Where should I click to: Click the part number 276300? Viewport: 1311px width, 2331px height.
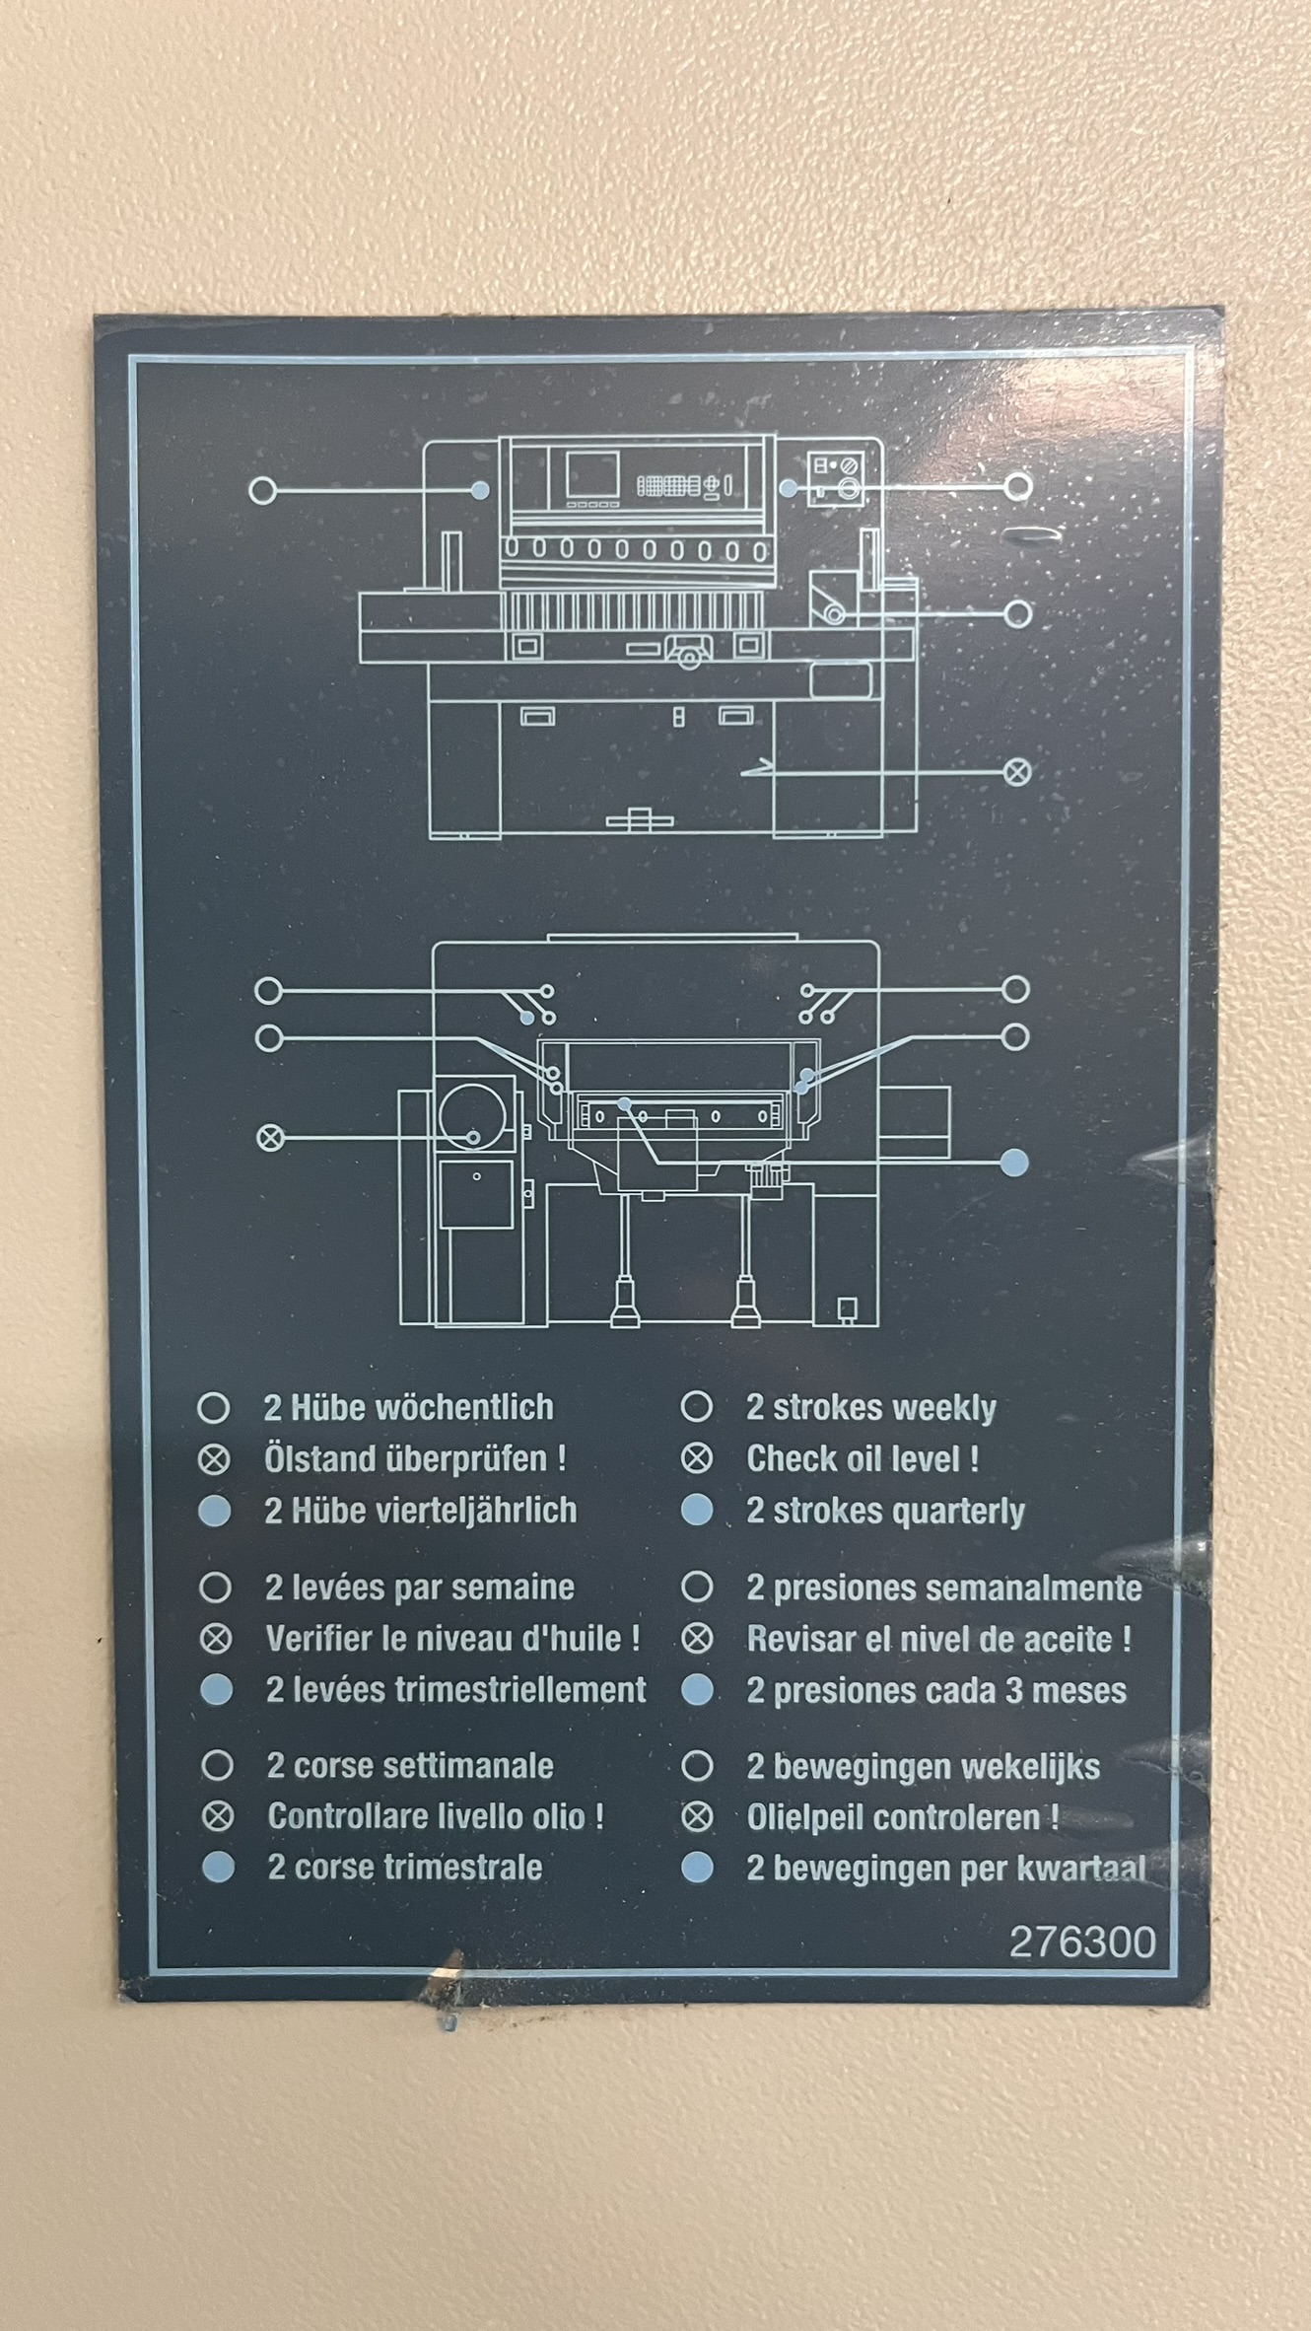pyautogui.click(x=1082, y=1942)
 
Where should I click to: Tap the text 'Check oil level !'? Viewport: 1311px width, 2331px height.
pyautogui.click(x=862, y=1458)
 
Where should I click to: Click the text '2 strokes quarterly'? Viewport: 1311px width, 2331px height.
pyautogui.click(x=885, y=1511)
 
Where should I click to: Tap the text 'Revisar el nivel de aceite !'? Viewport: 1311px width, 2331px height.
pyautogui.click(x=938, y=1639)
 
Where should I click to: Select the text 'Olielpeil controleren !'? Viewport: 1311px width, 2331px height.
pyautogui.click(x=903, y=1817)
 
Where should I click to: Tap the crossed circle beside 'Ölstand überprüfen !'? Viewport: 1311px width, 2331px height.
pyautogui.click(x=214, y=1459)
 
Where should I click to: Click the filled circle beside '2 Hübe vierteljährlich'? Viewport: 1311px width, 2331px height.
pyautogui.click(x=214, y=1511)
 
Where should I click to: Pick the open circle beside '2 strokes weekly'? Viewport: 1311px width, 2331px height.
pyautogui.click(x=697, y=1407)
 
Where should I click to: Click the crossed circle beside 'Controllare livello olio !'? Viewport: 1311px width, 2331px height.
pyautogui.click(x=218, y=1816)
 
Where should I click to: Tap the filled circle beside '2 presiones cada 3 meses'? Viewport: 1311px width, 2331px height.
pyautogui.click(x=697, y=1690)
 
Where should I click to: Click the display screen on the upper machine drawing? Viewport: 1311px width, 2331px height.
pyautogui.click(x=592, y=475)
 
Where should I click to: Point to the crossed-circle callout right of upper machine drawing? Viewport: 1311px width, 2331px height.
pyautogui.click(x=1017, y=771)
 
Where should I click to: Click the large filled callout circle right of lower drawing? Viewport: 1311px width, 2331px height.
pyautogui.click(x=1014, y=1164)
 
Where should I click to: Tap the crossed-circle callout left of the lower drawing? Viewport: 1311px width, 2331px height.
pyautogui.click(x=270, y=1138)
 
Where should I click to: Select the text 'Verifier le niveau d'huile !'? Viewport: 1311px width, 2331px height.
pyautogui.click(x=452, y=1639)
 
